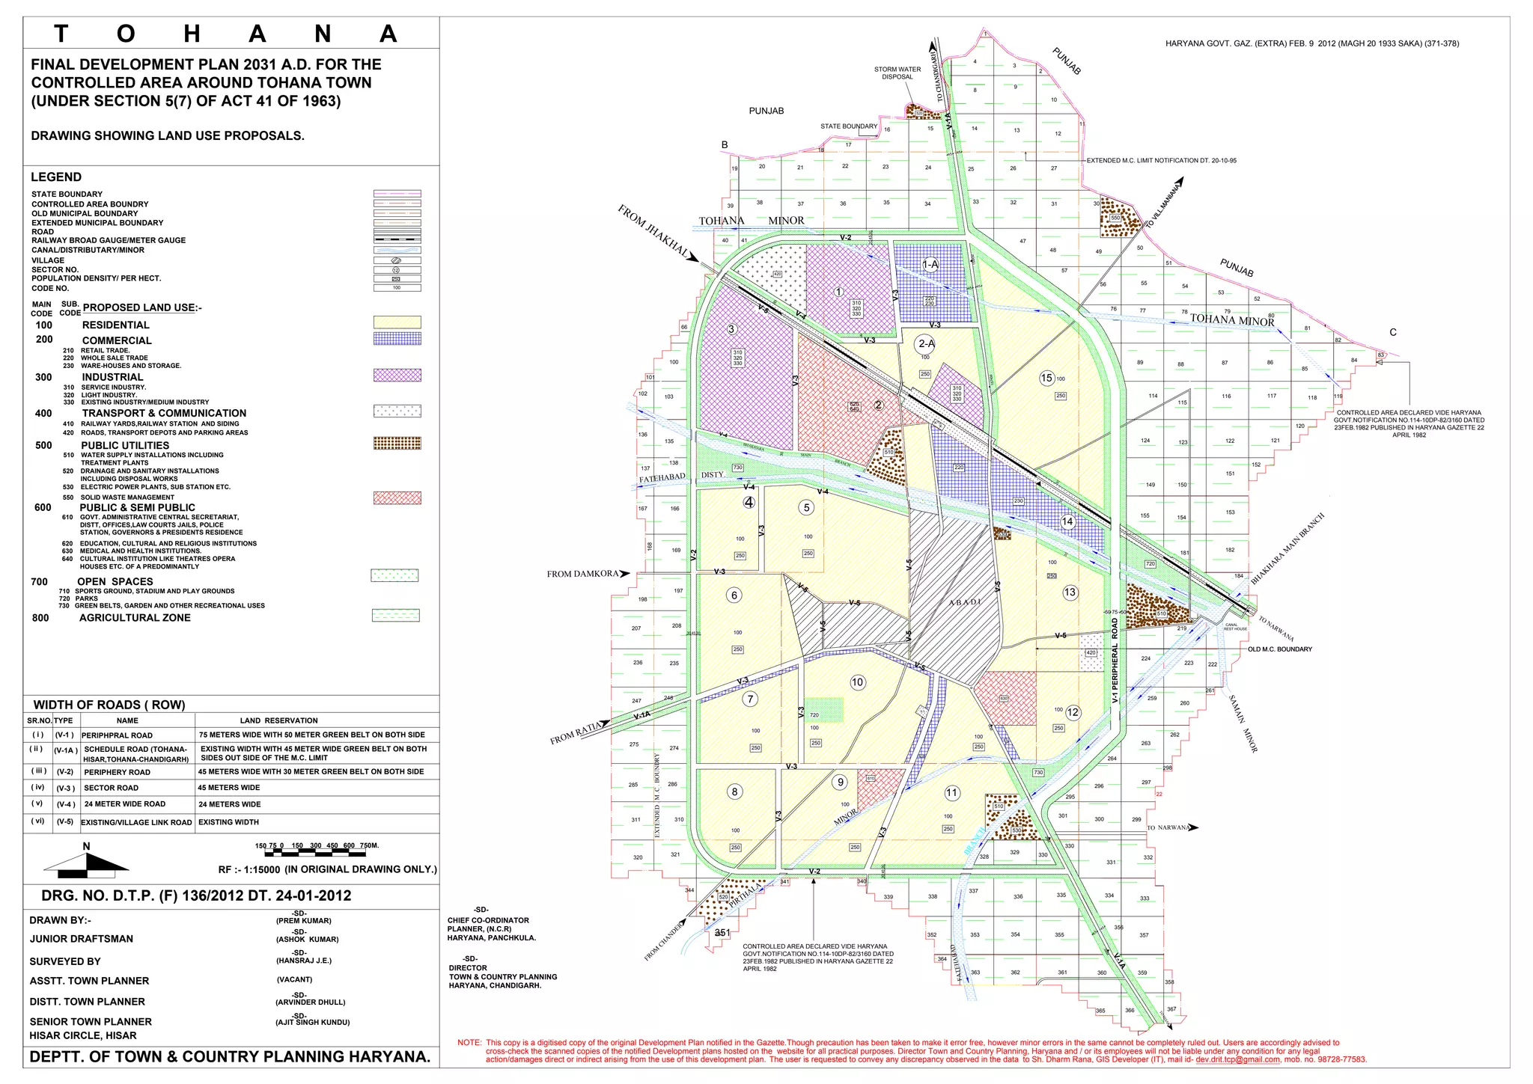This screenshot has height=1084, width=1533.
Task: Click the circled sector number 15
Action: [x=1047, y=378]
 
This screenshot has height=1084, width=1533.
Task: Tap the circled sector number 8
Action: [x=735, y=791]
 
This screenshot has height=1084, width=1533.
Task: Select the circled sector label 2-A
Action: [x=925, y=343]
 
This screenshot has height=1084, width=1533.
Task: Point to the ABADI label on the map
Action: [x=964, y=602]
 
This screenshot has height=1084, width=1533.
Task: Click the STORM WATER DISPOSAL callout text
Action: [x=897, y=73]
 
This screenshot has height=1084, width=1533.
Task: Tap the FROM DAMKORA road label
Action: [x=583, y=574]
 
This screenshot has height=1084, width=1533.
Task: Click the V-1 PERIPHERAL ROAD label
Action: [x=1115, y=661]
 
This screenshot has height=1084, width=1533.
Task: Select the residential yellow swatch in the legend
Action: [x=397, y=322]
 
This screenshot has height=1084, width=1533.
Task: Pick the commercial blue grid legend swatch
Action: [x=397, y=338]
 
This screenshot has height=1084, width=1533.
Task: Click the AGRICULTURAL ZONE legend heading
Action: [x=135, y=617]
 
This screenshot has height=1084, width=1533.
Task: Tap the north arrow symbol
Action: [x=86, y=863]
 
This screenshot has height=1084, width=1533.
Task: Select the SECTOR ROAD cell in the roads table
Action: [x=111, y=788]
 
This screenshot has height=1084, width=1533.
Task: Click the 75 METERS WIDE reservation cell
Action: [x=311, y=735]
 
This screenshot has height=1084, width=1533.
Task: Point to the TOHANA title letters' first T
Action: [x=61, y=34]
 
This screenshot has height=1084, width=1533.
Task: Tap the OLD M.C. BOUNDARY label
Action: [x=1279, y=649]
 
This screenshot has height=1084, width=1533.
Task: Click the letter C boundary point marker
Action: [x=1392, y=333]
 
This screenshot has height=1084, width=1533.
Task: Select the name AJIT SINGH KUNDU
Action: [x=312, y=1022]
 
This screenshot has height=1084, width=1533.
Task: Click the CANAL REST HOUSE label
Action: [x=1235, y=627]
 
